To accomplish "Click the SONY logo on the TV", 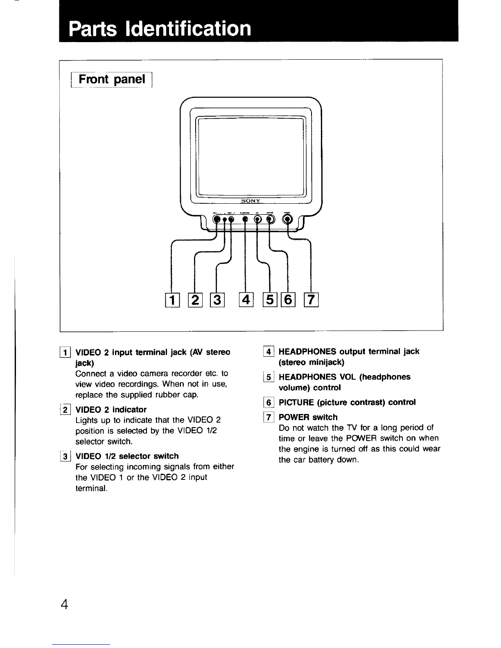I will click(x=251, y=201).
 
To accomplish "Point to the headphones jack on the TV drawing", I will click(x=245, y=219).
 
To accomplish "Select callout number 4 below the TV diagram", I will click(x=246, y=300).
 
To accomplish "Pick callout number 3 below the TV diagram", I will click(x=217, y=300).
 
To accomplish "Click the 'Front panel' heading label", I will click(x=112, y=79).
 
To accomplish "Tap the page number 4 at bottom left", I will click(x=65, y=604).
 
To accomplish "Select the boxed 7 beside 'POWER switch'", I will click(x=269, y=417).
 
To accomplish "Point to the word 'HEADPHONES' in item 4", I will click(x=307, y=351).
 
